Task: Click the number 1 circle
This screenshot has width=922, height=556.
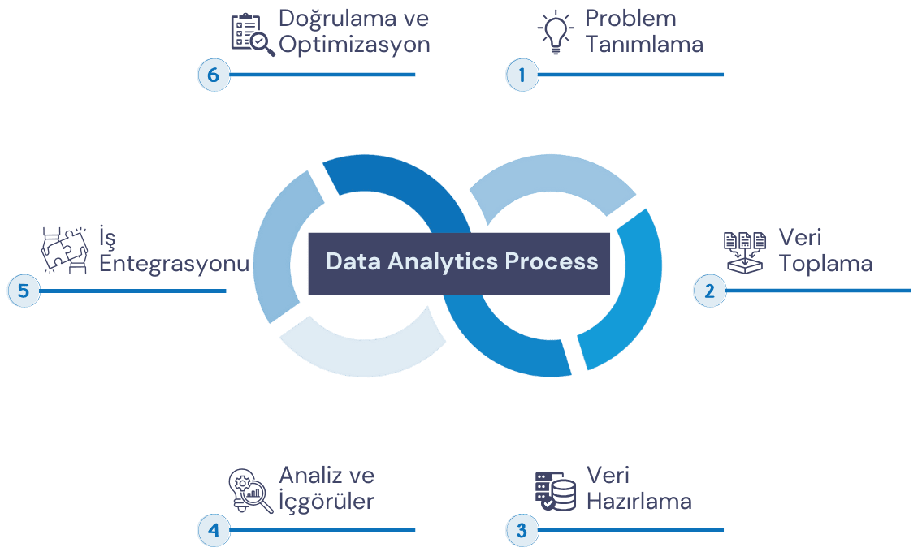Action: coord(522,75)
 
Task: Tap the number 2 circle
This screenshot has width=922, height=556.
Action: coord(708,291)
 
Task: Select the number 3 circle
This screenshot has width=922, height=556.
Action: coord(522,531)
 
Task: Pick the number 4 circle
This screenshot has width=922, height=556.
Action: coord(214,531)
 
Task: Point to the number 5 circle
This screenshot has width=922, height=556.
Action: coord(23,291)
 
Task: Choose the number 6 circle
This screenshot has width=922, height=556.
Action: coord(214,75)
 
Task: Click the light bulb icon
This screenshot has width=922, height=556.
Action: coord(556,32)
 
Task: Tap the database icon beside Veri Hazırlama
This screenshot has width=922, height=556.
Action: coord(556,490)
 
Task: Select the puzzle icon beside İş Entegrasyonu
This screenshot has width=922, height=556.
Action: coord(65,250)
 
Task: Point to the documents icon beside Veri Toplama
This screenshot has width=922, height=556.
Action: coord(744,251)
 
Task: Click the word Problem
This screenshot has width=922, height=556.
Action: coord(630,18)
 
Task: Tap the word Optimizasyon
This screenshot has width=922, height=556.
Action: coord(354,45)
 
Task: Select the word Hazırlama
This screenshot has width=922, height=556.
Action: coord(638,501)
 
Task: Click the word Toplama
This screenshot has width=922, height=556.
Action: coord(825,263)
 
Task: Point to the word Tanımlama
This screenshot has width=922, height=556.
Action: coord(644,45)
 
